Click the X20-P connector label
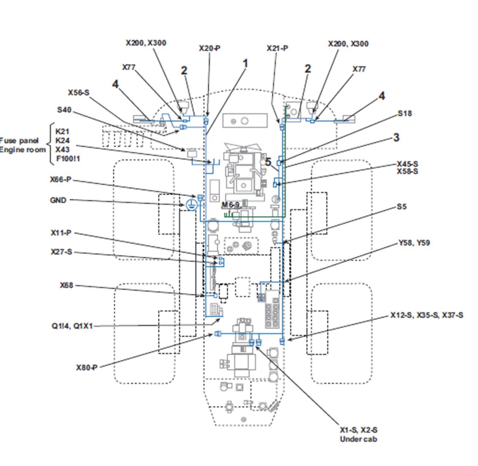point(209,48)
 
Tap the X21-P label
point(277,48)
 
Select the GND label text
point(58,200)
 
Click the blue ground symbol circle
point(191,205)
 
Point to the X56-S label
point(79,93)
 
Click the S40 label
point(64,110)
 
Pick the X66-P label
point(61,179)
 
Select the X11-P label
point(61,233)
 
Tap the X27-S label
point(61,252)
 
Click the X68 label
point(67,285)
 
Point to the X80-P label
point(87,367)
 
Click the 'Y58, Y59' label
point(414,243)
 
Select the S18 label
point(405,114)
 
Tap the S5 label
point(401,207)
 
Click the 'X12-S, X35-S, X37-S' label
point(427,315)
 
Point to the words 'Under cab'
point(358,439)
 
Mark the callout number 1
point(245,64)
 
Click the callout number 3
point(396,137)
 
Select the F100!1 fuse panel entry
point(68,159)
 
